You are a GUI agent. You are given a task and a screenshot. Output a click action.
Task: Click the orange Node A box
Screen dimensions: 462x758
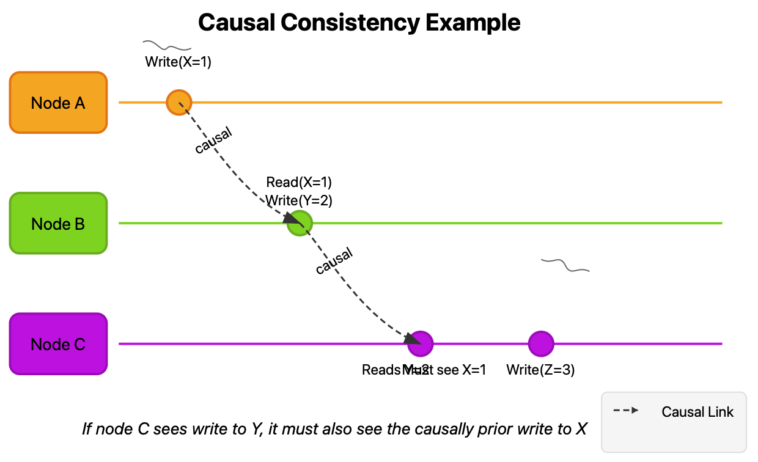tap(59, 103)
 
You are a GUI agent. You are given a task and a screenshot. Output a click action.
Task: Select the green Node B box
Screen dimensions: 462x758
tap(59, 224)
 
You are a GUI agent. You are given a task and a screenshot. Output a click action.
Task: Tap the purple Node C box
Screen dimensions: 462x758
tap(59, 344)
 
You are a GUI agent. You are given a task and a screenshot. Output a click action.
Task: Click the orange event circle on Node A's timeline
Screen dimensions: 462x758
tap(179, 102)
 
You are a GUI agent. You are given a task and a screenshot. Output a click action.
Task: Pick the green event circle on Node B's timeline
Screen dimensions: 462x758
tap(300, 223)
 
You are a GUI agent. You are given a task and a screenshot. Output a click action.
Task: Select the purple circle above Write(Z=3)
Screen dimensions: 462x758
tap(541, 343)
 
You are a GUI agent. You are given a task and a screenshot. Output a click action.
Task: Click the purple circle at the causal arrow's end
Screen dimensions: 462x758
tap(421, 343)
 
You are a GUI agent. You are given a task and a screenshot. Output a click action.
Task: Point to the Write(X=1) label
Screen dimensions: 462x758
tap(178, 62)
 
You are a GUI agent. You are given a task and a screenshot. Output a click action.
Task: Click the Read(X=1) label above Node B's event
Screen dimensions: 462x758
tap(299, 182)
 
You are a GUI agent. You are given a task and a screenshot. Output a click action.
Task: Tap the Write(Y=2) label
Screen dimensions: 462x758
tap(299, 200)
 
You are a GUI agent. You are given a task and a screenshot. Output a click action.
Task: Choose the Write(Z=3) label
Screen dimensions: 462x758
tap(540, 370)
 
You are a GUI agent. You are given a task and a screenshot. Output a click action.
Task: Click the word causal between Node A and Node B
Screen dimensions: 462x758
tap(214, 141)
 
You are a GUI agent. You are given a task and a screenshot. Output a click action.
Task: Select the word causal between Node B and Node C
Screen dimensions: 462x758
tap(334, 261)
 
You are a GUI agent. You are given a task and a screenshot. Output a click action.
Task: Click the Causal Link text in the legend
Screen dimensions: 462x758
tap(697, 412)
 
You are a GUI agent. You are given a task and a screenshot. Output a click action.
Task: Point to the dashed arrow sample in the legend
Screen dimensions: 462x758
tap(626, 411)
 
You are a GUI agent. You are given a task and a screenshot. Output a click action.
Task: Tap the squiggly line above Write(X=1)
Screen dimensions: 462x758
tap(167, 45)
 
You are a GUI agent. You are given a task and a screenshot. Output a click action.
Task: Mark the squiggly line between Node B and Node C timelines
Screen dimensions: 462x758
tap(565, 265)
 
